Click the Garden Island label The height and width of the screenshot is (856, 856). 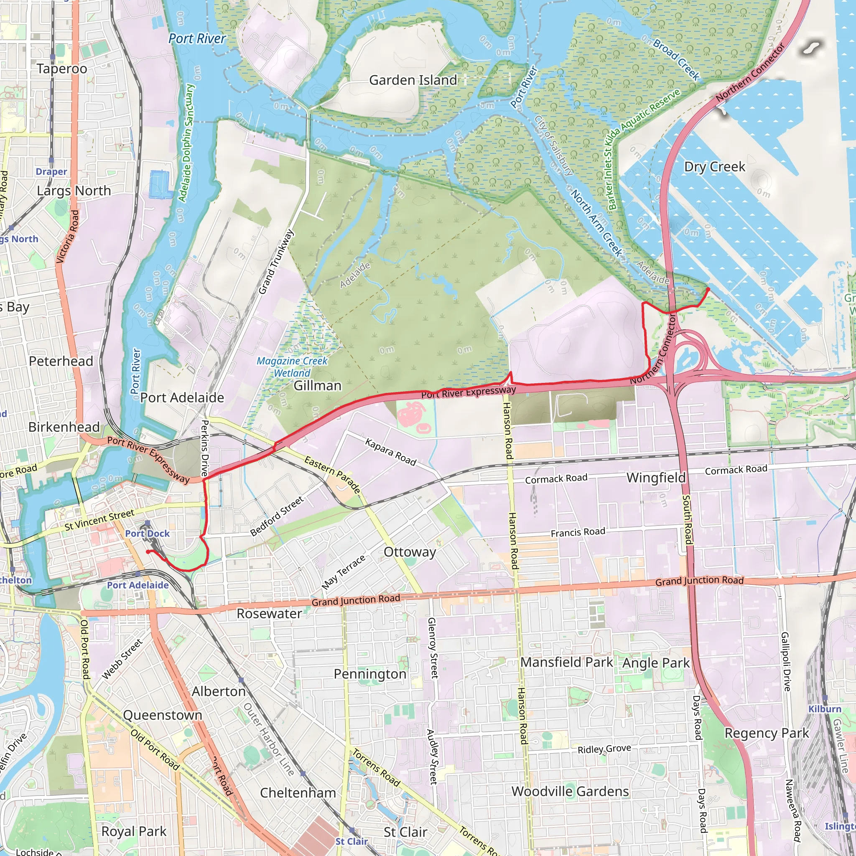click(413, 80)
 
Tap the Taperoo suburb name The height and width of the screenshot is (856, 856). click(62, 69)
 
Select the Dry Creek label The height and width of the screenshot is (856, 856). click(714, 167)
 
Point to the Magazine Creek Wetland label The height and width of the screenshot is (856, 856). click(292, 367)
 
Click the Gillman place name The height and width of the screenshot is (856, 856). click(318, 385)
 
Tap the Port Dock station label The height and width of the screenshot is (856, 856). click(147, 533)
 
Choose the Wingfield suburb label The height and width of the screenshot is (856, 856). click(656, 478)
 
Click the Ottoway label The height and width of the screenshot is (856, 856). click(410, 552)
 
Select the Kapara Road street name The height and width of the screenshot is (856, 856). click(390, 452)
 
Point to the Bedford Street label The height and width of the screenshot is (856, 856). click(277, 516)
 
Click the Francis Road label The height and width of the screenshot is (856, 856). click(578, 532)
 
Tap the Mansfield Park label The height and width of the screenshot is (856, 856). click(567, 662)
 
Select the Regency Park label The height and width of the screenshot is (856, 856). click(767, 733)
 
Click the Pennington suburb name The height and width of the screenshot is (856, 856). click(370, 674)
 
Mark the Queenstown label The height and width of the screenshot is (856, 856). click(163, 715)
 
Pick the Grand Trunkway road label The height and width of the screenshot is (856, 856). click(276, 262)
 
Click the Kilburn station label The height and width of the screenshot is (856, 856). click(825, 709)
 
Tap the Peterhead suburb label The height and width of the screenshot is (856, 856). click(61, 361)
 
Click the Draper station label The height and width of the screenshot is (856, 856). click(51, 171)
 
